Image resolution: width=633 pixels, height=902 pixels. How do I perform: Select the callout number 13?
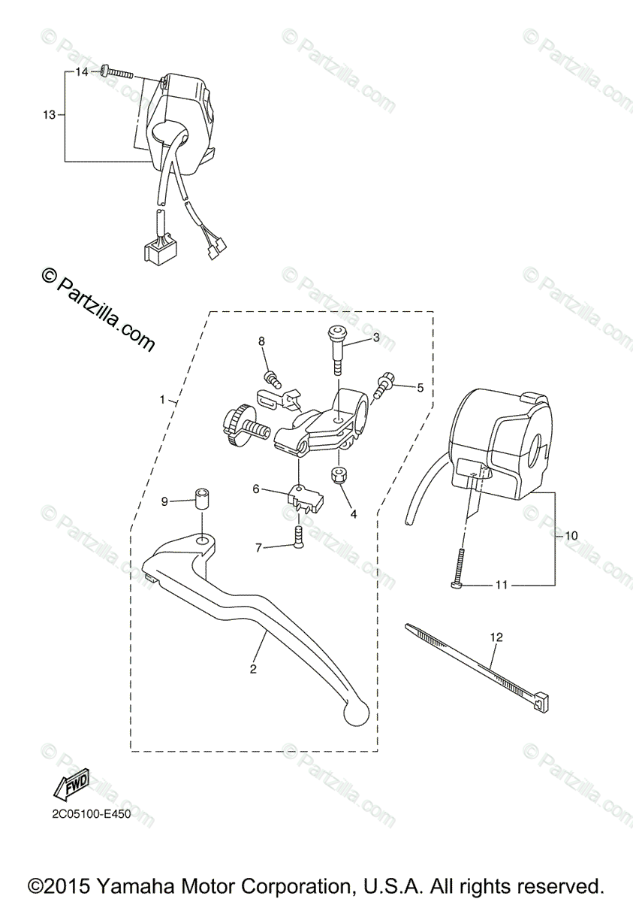(x=49, y=115)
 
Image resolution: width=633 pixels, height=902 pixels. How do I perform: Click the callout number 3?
(x=376, y=338)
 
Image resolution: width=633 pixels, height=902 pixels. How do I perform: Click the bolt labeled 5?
(x=387, y=385)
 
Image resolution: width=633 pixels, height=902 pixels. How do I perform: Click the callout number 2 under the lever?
(x=254, y=668)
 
